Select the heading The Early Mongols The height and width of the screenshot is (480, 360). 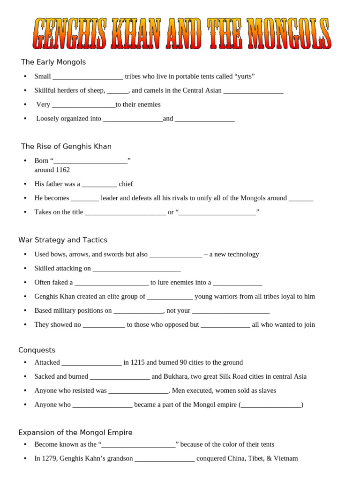[x=53, y=62]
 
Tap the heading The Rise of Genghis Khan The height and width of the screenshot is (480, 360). [x=66, y=146]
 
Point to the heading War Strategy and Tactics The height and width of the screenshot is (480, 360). [x=63, y=240]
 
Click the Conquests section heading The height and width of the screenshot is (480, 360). [x=37, y=350]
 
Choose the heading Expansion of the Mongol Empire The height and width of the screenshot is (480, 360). [x=75, y=432]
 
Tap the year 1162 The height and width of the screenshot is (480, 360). [x=62, y=170]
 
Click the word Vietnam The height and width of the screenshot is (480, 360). [x=286, y=458]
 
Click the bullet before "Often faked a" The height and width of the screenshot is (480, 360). [x=25, y=283]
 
